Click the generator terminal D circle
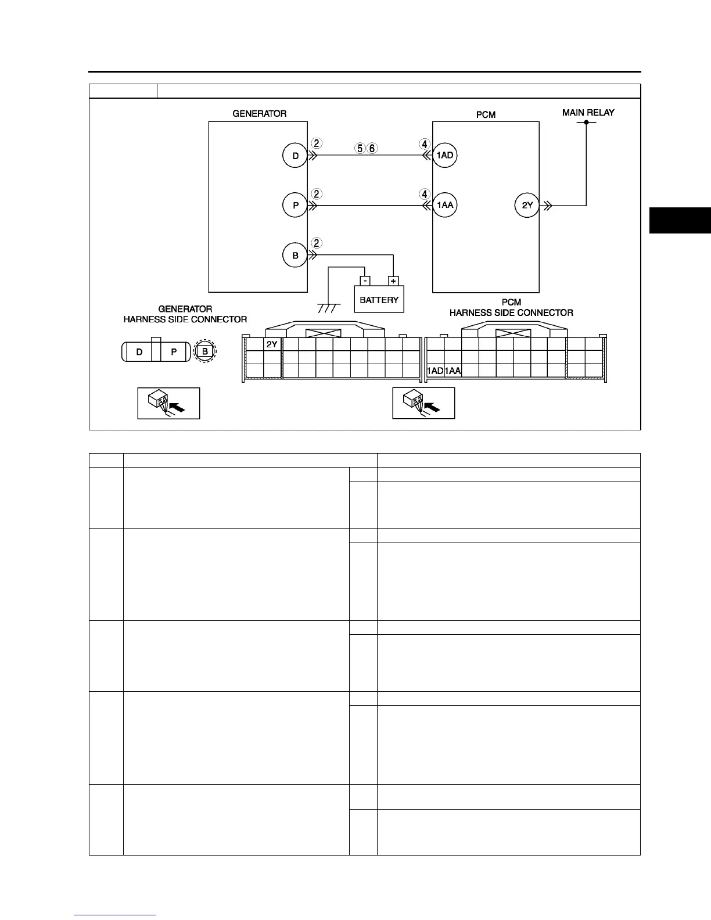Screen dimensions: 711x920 point(295,156)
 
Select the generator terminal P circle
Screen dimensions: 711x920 point(295,206)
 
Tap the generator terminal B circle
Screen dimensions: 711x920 point(295,255)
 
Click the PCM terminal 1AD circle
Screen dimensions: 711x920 point(445,156)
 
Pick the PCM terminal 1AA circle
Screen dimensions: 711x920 point(445,206)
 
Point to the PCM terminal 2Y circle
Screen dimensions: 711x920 point(527,206)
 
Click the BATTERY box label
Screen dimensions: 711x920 point(379,300)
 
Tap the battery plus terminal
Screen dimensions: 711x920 point(393,281)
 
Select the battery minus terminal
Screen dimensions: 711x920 point(364,281)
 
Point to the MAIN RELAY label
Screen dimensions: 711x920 point(588,113)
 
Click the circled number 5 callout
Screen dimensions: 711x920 point(360,148)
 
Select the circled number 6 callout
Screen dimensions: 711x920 point(372,148)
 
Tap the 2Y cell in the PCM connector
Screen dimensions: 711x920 point(272,344)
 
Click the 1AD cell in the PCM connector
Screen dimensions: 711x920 point(435,371)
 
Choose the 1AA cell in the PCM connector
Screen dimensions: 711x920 point(453,371)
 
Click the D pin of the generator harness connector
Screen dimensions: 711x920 point(139,352)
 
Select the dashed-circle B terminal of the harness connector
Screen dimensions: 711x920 point(205,351)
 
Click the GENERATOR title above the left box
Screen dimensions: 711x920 point(259,114)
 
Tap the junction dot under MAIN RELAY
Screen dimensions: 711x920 point(587,123)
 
